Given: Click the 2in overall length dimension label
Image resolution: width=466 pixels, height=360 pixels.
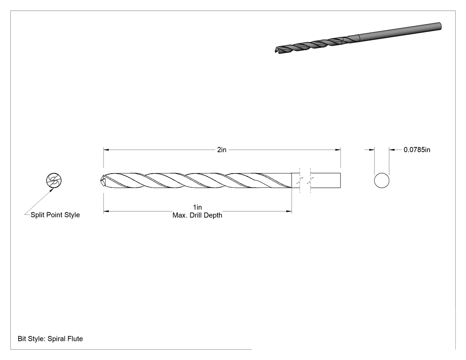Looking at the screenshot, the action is [x=222, y=150].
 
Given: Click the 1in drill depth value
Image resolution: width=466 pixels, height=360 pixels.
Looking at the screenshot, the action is [x=197, y=207].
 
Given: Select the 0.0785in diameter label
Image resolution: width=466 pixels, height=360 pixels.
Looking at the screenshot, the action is [x=417, y=150].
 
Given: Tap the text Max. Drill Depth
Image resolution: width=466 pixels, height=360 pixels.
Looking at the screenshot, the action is [x=197, y=215].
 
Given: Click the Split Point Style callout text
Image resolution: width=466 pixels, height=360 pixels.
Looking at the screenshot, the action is [x=55, y=215].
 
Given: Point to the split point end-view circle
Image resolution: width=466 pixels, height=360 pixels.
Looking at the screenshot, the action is [x=54, y=181].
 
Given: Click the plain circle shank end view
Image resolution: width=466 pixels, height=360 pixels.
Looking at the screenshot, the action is [x=382, y=181].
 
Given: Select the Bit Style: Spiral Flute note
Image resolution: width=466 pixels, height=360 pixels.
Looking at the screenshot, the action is [x=50, y=339].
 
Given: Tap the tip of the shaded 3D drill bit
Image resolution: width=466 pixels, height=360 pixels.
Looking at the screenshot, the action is [x=276, y=51].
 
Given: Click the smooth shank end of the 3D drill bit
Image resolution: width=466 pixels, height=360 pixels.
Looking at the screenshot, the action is [x=440, y=26].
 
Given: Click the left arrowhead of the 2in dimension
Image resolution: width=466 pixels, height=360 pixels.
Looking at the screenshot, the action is [x=106, y=150].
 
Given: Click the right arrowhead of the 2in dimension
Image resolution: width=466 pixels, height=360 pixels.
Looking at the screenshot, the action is [x=338, y=150].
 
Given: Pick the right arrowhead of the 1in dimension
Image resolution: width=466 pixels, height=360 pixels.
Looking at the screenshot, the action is [x=289, y=211].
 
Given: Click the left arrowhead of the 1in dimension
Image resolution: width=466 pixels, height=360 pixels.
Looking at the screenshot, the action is [x=106, y=211].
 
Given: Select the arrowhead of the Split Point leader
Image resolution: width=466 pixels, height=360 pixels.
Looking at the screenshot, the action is [x=52, y=190].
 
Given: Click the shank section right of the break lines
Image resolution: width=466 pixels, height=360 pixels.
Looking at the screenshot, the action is [x=325, y=181].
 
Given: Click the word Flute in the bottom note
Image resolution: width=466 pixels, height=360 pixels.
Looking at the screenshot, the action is [x=74, y=339].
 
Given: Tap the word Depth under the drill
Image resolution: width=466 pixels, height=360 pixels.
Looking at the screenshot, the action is [x=213, y=215].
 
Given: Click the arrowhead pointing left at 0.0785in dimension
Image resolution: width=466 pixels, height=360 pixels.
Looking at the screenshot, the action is [x=392, y=150].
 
